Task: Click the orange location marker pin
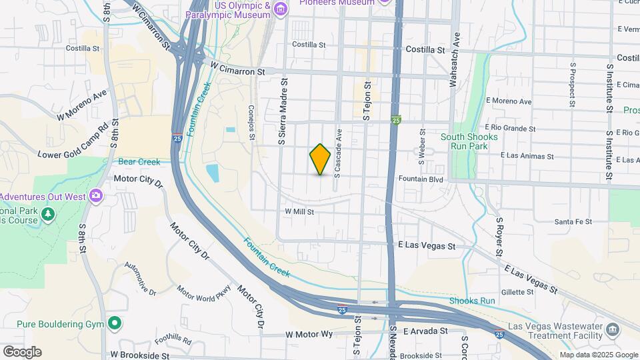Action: point(320,159)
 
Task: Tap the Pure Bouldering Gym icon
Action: point(115,323)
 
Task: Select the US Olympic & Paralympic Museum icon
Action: point(281,9)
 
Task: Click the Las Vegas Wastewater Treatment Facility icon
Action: point(611,329)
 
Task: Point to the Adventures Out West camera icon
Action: point(95,195)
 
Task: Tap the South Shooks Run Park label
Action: point(469,142)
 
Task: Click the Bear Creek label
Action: point(139,162)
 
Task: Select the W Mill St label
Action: point(299,211)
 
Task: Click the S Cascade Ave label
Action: point(338,153)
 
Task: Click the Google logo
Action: point(22,352)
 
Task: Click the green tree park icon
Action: point(47,214)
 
